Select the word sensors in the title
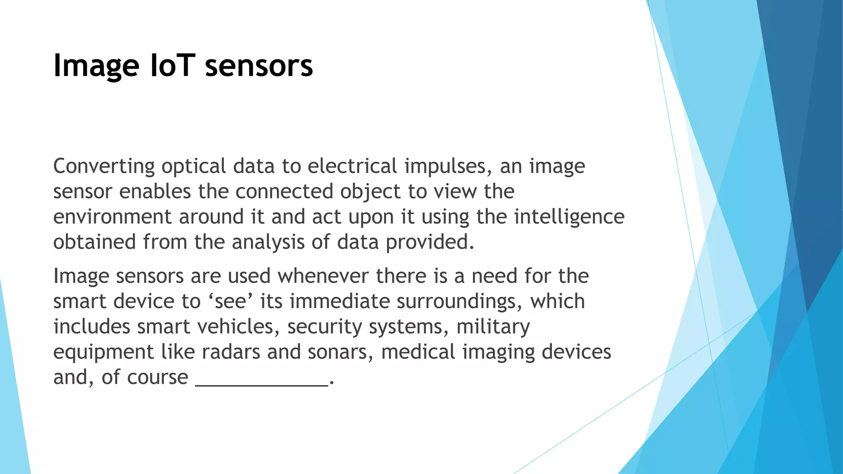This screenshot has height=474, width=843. coord(259,66)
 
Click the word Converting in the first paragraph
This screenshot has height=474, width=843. coord(104,167)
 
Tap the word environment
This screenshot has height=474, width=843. coord(112,217)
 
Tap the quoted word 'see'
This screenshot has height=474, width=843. coord(231,301)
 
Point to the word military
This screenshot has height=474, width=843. coord(493,327)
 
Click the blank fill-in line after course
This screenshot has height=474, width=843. coord(262,383)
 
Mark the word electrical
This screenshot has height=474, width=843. coord(352,167)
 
